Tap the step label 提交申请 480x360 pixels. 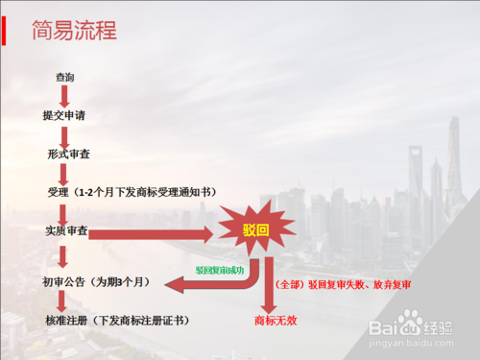(x=65, y=115)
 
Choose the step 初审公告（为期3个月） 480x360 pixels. (x=97, y=282)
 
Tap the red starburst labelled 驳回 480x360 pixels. (x=252, y=230)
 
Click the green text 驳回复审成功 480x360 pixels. (x=220, y=272)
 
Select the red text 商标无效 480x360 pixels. (x=274, y=319)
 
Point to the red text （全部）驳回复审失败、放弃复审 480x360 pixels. (x=336, y=285)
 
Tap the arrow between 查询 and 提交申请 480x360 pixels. (x=65, y=95)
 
